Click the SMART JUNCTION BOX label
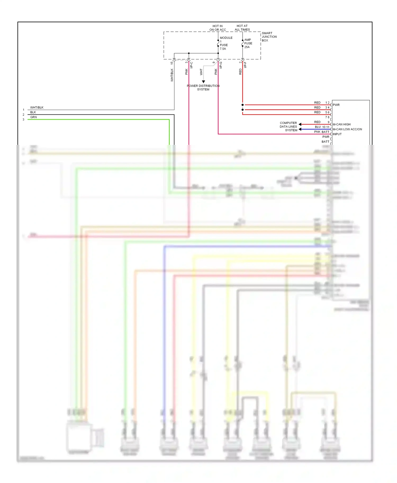click(269, 37)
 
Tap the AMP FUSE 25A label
click(248, 43)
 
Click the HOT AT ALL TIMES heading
click(242, 28)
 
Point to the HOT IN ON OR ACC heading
click(218, 28)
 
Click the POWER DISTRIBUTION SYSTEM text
click(203, 87)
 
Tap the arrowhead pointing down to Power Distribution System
click(203, 82)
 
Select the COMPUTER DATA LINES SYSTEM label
click(288, 127)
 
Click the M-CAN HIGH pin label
click(341, 124)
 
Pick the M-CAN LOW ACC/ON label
click(347, 129)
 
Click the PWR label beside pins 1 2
click(336, 105)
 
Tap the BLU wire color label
click(318, 127)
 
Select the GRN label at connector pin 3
click(33, 117)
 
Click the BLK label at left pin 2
click(33, 112)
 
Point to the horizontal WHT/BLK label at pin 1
click(37, 108)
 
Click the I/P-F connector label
click(245, 65)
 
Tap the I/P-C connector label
click(191, 65)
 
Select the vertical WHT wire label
click(201, 72)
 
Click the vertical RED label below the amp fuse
click(240, 72)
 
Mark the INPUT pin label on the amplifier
click(337, 134)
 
